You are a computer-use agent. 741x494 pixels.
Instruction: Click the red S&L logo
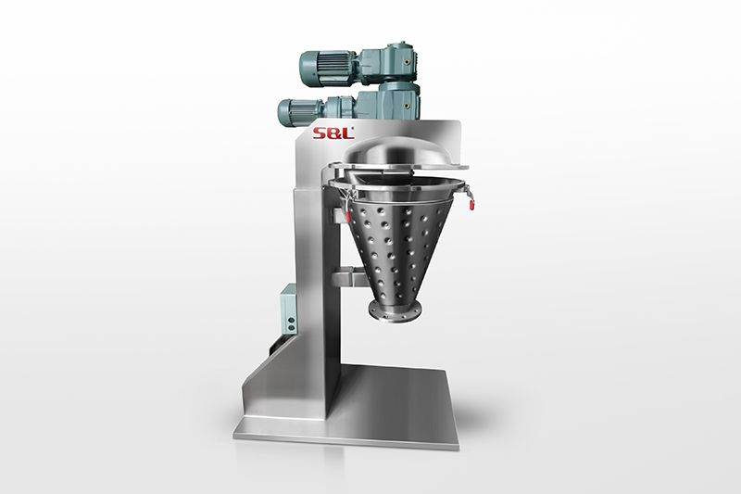[333, 133]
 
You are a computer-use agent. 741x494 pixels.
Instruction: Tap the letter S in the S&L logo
[319, 133]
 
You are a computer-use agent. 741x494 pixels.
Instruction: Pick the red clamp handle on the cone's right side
[472, 203]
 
